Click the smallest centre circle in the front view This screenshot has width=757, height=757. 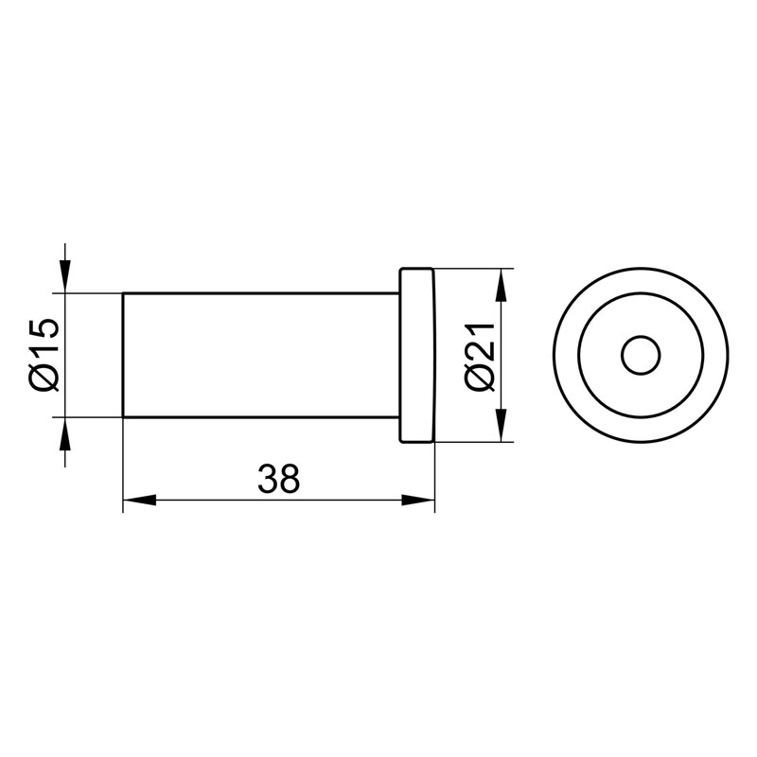[641, 356]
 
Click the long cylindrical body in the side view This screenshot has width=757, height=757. [260, 355]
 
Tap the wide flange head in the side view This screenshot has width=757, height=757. [416, 355]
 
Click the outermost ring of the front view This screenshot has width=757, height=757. [564, 356]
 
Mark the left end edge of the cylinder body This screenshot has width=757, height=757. [124, 355]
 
